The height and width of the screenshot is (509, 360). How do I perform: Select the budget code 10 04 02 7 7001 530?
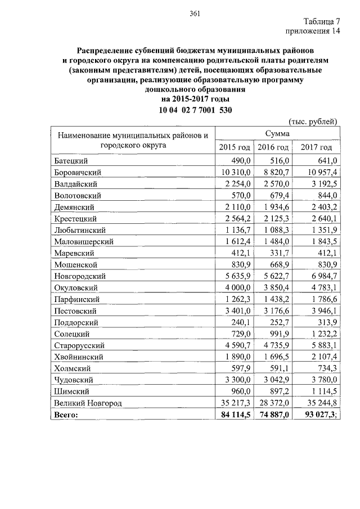[x=194, y=110]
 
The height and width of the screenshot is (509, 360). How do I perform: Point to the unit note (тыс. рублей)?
[x=312, y=121]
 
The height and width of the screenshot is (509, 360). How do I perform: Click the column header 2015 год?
[x=235, y=147]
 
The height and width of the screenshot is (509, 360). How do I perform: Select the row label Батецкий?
[x=70, y=160]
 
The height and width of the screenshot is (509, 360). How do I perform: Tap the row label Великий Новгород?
[x=88, y=403]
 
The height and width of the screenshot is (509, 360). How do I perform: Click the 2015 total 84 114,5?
[x=235, y=415]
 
